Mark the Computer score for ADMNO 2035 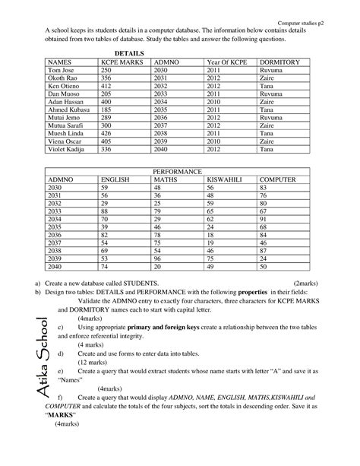point(263,227)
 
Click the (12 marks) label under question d point(94,363)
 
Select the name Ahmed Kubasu point(68,109)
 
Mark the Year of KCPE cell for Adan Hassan point(216,100)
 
